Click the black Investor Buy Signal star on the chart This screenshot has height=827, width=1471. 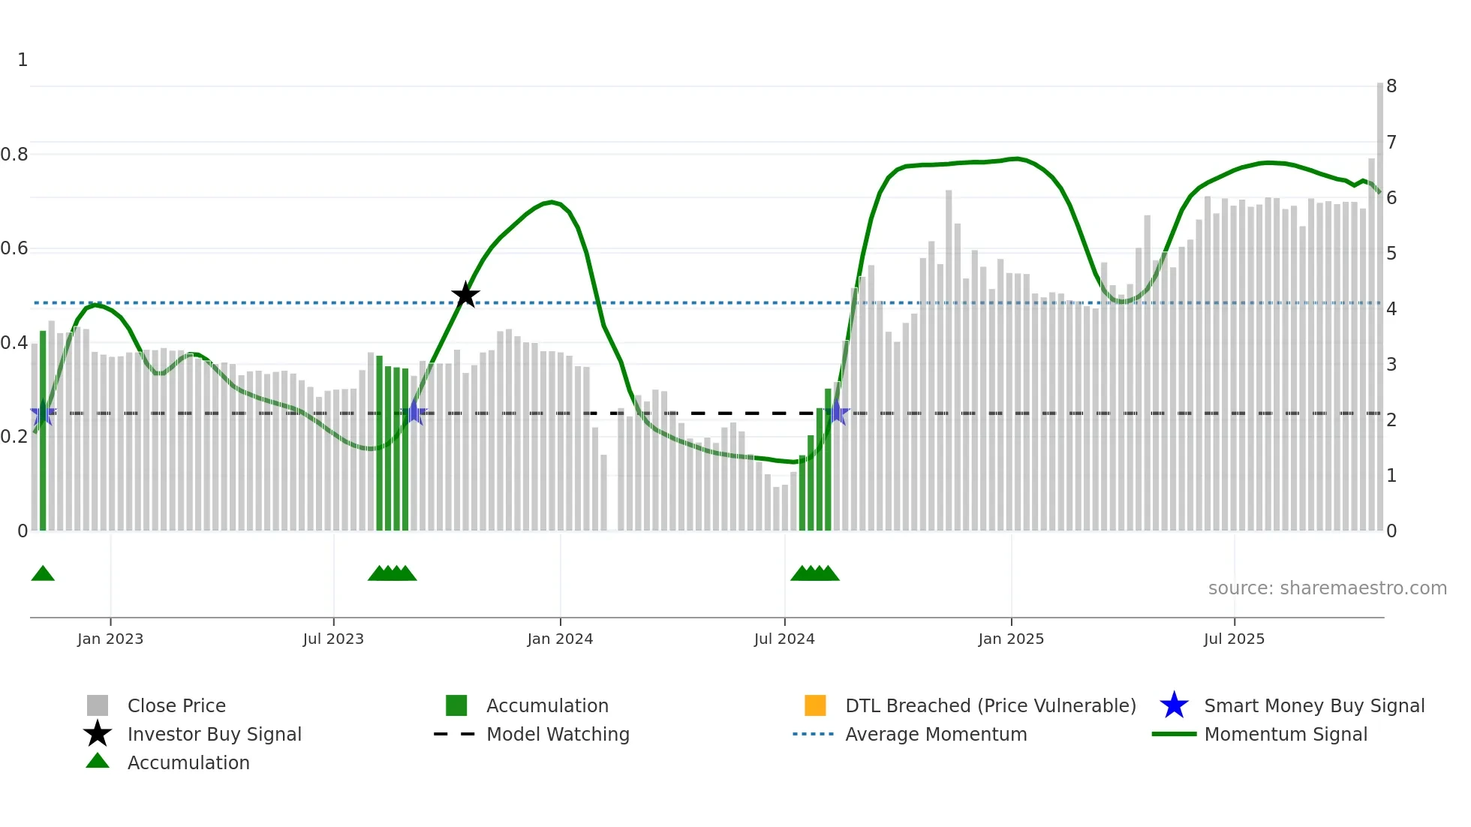click(465, 295)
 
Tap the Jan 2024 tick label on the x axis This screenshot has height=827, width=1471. click(560, 639)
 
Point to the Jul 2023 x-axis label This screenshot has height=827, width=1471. click(333, 639)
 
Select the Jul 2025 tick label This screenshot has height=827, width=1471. click(1234, 639)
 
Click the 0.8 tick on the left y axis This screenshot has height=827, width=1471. click(14, 155)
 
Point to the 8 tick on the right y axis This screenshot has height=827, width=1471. click(1391, 86)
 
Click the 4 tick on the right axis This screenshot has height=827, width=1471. click(1391, 309)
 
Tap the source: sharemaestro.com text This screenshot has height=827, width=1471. click(1327, 588)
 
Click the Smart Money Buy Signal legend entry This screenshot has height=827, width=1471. click(1313, 705)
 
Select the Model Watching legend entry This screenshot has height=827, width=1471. click(557, 734)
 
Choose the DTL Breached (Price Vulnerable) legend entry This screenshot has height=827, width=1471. click(990, 705)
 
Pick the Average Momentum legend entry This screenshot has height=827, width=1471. click(935, 734)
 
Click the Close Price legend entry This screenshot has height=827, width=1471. click(176, 705)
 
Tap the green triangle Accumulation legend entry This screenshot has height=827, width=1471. click(188, 762)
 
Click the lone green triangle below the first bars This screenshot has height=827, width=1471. click(43, 574)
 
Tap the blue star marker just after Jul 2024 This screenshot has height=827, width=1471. click(838, 413)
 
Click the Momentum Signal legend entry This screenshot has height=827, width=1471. click(1285, 734)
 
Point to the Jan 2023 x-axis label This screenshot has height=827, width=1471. click(110, 639)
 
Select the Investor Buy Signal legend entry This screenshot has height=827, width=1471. click(214, 734)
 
